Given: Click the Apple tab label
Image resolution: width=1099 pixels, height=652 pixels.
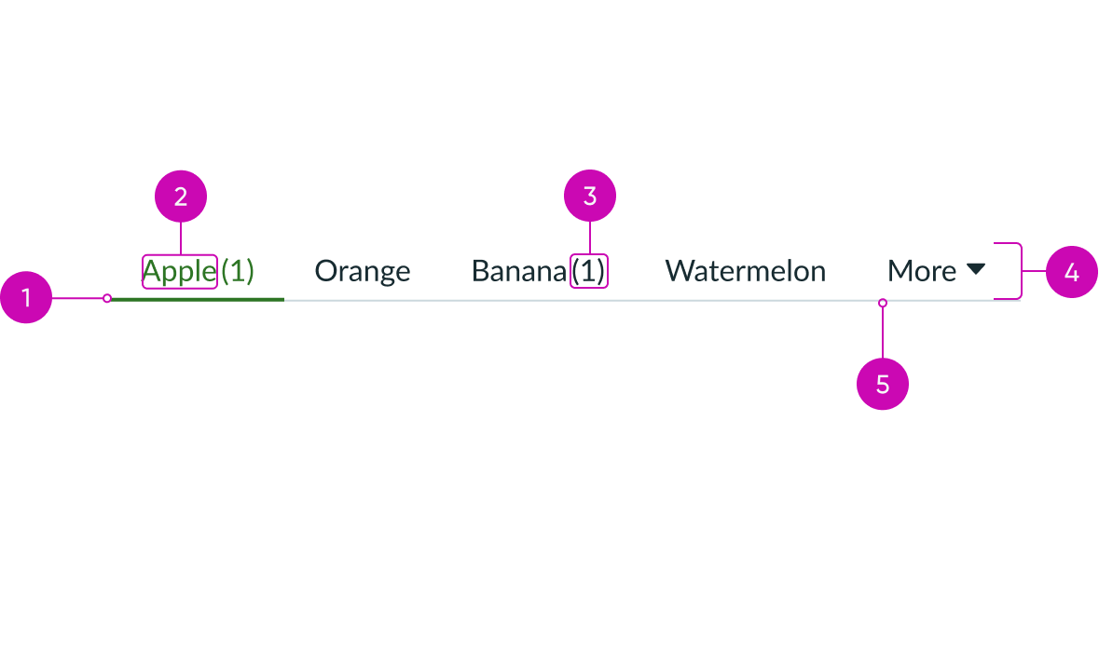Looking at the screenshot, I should [179, 271].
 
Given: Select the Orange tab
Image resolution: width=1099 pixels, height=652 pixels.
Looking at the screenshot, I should [362, 271].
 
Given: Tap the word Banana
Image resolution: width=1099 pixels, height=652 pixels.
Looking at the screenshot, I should [519, 271].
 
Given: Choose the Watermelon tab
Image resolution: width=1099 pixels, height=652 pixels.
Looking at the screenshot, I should [745, 271].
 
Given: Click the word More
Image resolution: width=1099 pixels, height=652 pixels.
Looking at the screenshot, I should [921, 271].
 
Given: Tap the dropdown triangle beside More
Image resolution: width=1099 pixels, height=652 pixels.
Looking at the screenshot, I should [975, 269].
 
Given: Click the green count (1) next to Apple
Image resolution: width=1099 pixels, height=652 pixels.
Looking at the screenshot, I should [238, 271].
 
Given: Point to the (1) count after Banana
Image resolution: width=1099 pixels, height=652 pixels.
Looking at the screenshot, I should [589, 271].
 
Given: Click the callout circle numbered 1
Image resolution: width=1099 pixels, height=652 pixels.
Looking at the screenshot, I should [26, 298].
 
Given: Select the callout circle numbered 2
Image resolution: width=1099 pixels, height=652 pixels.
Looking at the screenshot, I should [180, 197].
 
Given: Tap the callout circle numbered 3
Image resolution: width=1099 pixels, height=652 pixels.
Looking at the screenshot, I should [590, 197].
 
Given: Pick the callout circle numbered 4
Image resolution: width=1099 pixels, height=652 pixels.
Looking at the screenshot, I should [1071, 272].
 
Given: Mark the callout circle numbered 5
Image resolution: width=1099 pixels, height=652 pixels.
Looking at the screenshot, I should [882, 384].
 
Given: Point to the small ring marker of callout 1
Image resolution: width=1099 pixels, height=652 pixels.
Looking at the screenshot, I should [107, 298].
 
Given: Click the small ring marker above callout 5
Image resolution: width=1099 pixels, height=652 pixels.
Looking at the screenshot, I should [883, 303].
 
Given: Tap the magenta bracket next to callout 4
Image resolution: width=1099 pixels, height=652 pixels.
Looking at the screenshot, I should [1021, 270].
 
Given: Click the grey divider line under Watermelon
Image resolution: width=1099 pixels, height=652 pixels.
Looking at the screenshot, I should [745, 300].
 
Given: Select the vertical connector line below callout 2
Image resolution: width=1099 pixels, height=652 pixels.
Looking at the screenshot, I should [180, 238].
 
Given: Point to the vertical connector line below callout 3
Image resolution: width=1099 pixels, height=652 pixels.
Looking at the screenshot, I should [590, 238].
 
